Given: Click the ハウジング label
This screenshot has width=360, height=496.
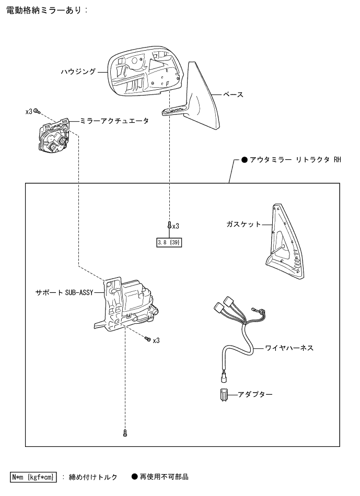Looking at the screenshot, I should click(x=78, y=72).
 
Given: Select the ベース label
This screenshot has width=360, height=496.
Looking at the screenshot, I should click(x=233, y=95).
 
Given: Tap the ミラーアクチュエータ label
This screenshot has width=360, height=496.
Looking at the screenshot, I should click(x=114, y=121).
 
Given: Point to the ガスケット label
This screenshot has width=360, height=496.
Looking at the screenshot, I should click(x=243, y=224).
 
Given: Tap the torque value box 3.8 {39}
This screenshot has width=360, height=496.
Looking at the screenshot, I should click(x=169, y=242).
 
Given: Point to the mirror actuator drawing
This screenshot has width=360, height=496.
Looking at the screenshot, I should click(x=55, y=137).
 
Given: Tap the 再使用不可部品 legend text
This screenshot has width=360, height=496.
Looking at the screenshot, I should click(x=163, y=477).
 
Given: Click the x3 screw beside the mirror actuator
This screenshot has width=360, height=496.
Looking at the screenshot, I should click(x=39, y=111).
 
